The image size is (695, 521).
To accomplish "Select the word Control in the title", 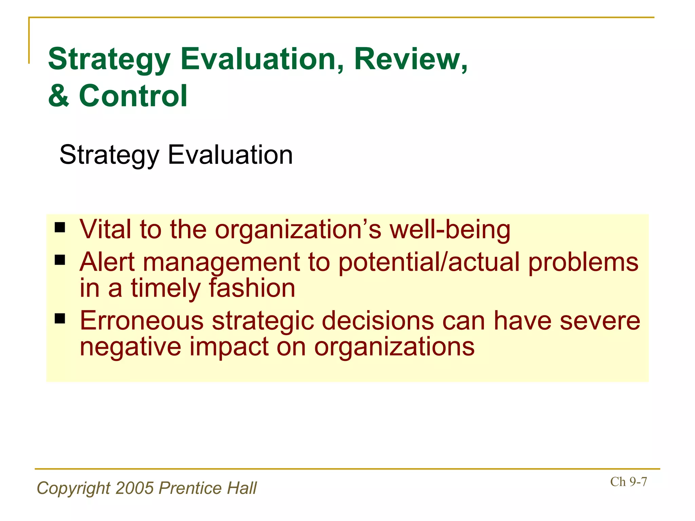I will point(133,96).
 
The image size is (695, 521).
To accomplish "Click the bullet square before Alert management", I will point(60,260).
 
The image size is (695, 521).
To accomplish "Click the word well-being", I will point(450,230).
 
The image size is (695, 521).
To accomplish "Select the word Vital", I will point(105,230).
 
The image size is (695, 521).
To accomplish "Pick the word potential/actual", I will point(429,262).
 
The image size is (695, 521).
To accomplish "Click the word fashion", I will point(252,288).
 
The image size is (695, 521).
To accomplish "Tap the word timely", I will point(166,288).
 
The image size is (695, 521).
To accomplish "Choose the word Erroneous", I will point(142,321).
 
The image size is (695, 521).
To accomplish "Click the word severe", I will point(600,321).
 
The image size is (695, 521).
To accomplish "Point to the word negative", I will point(130,347).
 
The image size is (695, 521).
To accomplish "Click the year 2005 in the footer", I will point(134,488).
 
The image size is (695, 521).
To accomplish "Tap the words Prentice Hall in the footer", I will point(208,488).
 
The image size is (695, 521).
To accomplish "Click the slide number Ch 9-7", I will point(628,482).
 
